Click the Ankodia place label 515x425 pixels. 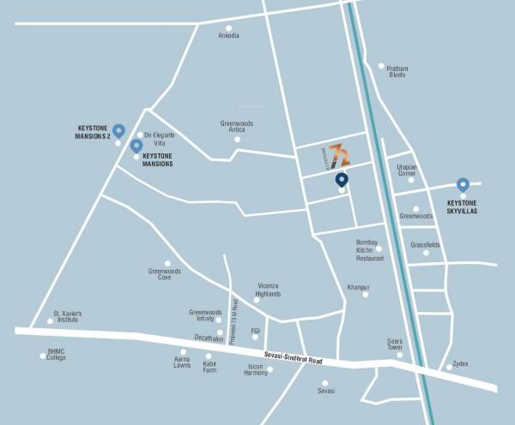click(228, 36)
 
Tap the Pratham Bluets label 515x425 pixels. click(397, 71)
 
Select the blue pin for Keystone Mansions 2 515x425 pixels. click(118, 131)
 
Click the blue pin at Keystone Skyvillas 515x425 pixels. click(463, 184)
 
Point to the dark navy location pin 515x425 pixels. click(342, 180)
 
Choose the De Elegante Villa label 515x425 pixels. click(160, 139)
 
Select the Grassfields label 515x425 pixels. click(425, 245)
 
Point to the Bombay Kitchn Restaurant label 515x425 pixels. click(370, 250)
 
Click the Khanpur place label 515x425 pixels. click(358, 287)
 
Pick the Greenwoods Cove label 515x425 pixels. click(165, 274)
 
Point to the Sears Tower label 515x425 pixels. click(394, 344)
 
